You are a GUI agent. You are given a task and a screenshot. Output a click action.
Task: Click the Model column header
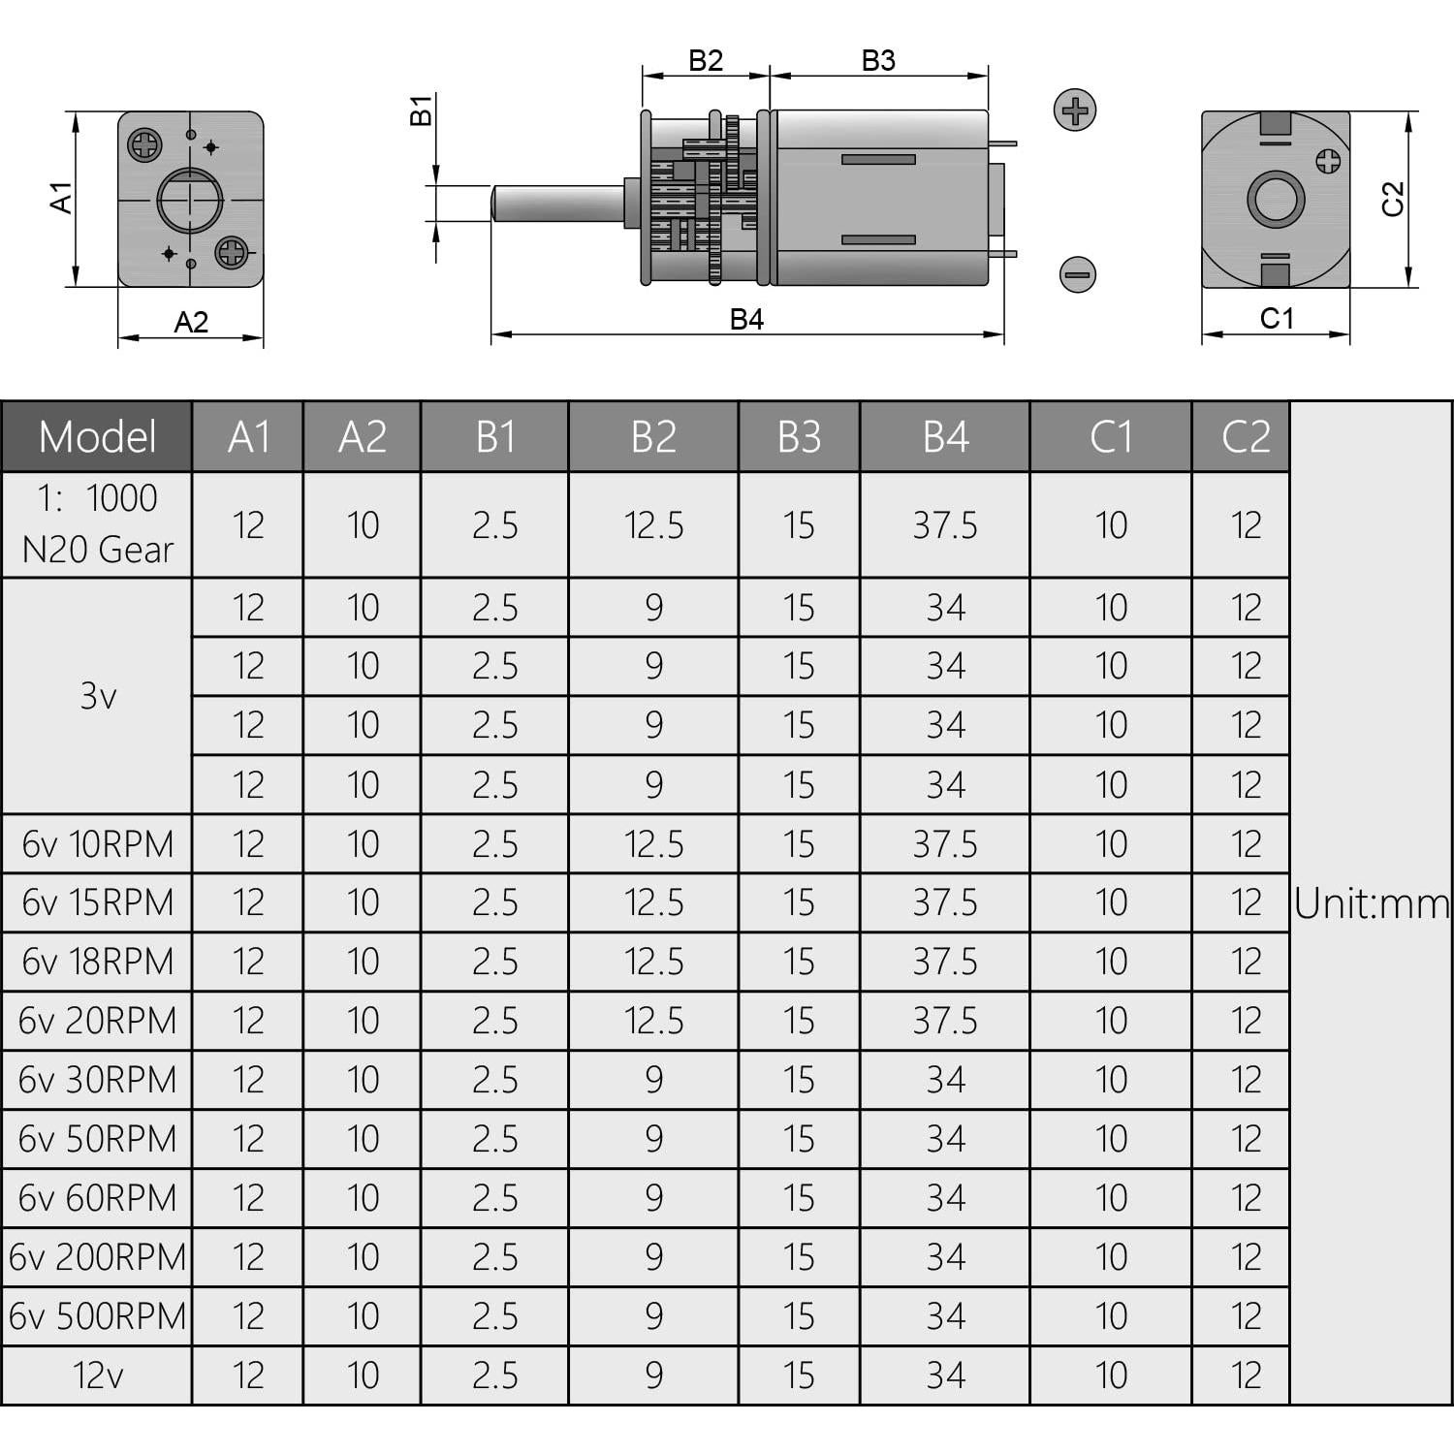point(97,437)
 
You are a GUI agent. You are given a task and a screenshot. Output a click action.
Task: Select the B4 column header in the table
point(945,437)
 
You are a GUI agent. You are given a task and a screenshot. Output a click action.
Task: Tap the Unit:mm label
point(1372,903)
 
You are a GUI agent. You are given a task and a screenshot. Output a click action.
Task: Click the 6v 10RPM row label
point(97,844)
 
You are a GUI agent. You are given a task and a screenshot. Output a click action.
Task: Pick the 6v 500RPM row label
point(97,1316)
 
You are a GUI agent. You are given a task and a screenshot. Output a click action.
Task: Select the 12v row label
point(97,1375)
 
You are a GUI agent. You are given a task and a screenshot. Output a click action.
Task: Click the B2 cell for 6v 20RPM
point(654,1021)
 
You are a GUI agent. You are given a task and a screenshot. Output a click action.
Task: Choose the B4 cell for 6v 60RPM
point(945,1198)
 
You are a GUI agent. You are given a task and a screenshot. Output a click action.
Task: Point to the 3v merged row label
point(97,695)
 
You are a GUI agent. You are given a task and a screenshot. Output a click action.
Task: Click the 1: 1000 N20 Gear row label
point(97,524)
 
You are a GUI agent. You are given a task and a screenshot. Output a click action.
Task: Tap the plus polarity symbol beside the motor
point(1075,110)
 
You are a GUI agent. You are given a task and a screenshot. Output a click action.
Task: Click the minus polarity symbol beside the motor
point(1077,274)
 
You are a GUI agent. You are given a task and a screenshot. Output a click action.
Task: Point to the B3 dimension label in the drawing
point(878,61)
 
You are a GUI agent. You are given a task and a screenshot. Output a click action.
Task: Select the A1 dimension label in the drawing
point(61,197)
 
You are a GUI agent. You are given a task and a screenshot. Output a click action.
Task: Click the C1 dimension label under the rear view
point(1276,319)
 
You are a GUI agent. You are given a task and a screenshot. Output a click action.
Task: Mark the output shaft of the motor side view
point(557,204)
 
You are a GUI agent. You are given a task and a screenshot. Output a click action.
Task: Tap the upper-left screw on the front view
point(145,146)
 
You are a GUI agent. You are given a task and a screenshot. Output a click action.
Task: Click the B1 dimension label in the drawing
point(421,111)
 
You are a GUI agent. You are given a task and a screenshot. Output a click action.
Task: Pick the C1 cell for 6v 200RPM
point(1111,1257)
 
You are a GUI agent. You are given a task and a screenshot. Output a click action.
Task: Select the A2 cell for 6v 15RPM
point(363,903)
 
